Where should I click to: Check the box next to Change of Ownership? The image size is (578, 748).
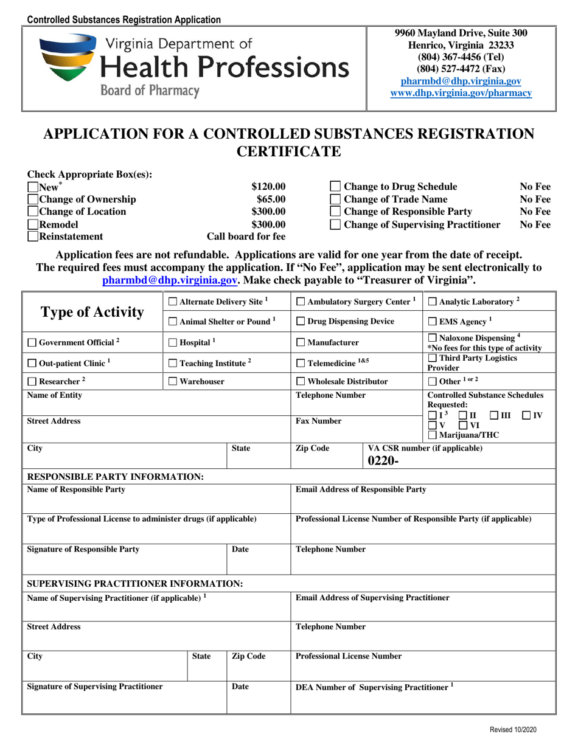coord(33,199)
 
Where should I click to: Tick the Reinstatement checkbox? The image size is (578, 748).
coord(33,237)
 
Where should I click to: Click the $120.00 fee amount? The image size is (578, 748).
coord(268,187)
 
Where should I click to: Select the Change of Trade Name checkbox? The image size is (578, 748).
coord(335,199)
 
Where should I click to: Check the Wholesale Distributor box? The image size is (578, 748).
coord(301,381)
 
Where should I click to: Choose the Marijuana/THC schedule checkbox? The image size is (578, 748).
coord(432,434)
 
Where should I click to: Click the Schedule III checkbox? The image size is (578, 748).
coord(495,415)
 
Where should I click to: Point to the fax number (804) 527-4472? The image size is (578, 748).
coord(461,69)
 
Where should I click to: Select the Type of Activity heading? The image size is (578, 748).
coord(92,312)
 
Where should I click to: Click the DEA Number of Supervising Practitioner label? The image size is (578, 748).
coord(374,687)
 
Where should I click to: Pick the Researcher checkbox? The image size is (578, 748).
coord(33,381)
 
